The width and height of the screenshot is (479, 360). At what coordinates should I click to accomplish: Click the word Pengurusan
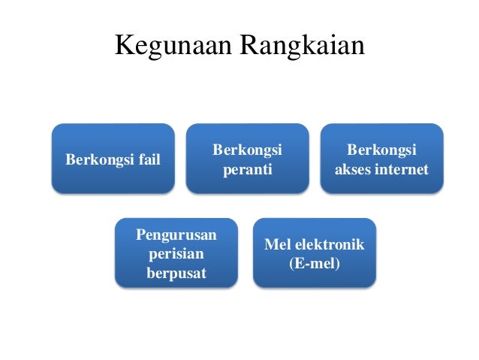pos(176,235)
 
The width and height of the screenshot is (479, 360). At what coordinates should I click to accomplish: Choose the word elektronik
pos(330,245)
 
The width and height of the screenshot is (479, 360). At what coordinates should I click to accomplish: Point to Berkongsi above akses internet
pos(381,150)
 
